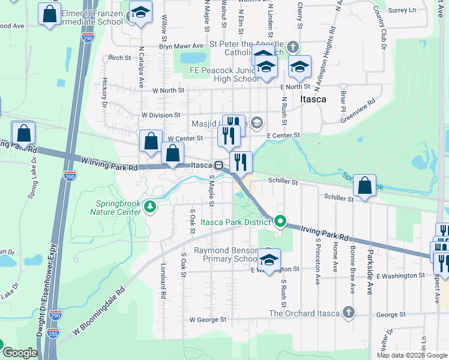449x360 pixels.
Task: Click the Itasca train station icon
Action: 220,165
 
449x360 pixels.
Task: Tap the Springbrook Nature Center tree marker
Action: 149,208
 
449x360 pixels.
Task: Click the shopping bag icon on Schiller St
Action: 364,185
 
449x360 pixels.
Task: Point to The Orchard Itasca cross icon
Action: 348,313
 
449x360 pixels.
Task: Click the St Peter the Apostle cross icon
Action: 292,47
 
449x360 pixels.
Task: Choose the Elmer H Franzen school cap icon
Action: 140,13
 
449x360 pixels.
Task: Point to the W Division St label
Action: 161,115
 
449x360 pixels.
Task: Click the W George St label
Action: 207,320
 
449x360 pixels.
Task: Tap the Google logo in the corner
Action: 20,353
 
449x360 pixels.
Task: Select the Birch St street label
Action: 119,58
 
